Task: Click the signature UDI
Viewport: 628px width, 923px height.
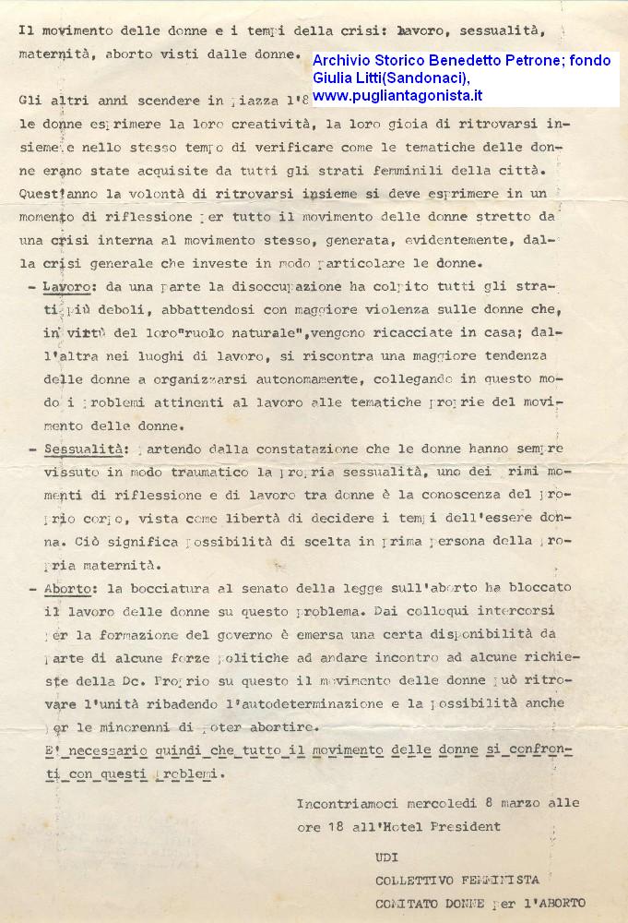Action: coord(387,856)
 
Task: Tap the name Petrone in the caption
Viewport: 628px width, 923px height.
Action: coord(527,60)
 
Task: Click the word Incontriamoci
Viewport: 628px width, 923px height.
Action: coord(350,803)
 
